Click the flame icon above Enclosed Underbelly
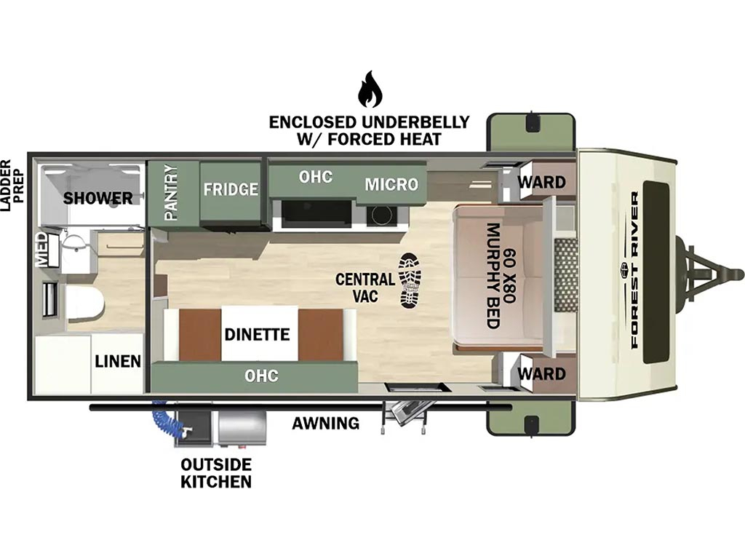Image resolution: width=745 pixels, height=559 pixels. pyautogui.click(x=370, y=90)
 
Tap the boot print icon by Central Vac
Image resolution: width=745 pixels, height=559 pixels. pyautogui.click(x=410, y=279)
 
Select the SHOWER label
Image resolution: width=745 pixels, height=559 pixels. pyautogui.click(x=98, y=198)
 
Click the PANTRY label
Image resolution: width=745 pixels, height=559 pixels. pyautogui.click(x=170, y=192)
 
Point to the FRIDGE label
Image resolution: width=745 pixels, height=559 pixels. pyautogui.click(x=231, y=189)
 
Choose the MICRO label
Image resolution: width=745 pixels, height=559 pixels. pyautogui.click(x=391, y=184)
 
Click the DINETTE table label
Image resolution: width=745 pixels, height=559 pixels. pyautogui.click(x=257, y=334)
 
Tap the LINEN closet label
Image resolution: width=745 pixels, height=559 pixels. pyautogui.click(x=118, y=361)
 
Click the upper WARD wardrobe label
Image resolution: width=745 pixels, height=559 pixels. pyautogui.click(x=541, y=181)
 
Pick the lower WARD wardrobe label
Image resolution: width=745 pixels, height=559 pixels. pyautogui.click(x=541, y=373)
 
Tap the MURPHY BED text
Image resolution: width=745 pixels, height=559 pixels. pyautogui.click(x=494, y=276)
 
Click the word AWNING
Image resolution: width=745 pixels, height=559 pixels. pyautogui.click(x=325, y=423)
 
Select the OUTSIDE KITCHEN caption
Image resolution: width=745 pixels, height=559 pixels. pyautogui.click(x=216, y=473)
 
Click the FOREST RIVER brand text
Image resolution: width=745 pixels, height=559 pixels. pyautogui.click(x=634, y=270)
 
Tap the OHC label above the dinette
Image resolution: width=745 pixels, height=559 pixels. pyautogui.click(x=261, y=376)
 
